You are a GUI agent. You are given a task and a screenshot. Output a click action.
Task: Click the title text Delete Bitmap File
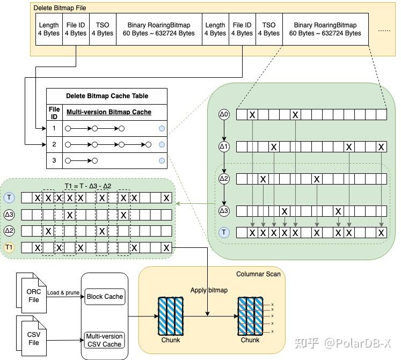pyautogui.click(x=60, y=8)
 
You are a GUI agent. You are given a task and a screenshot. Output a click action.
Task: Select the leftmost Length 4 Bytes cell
pyautogui.click(x=49, y=29)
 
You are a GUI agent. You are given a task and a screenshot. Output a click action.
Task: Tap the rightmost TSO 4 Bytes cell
pyautogui.click(x=269, y=29)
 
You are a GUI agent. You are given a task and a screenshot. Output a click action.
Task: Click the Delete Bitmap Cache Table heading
pyautogui.click(x=107, y=96)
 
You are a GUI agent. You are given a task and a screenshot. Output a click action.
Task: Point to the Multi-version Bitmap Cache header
pyautogui.click(x=108, y=112)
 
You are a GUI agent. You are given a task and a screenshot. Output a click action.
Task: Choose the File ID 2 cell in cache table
pyautogui.click(x=54, y=144)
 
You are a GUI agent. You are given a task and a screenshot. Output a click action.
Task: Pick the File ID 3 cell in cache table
pyautogui.click(x=54, y=160)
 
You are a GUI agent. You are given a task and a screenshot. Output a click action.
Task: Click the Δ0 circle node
pyautogui.click(x=224, y=114)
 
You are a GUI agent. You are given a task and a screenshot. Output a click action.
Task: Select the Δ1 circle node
pyautogui.click(x=224, y=146)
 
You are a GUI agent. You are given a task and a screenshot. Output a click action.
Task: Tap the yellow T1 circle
pyautogui.click(x=9, y=247)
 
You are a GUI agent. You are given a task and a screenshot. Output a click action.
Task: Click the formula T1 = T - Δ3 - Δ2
pyautogui.click(x=88, y=186)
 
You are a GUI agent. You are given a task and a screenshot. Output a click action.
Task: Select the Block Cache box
pyautogui.click(x=105, y=296)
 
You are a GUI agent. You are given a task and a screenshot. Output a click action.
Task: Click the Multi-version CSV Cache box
pyautogui.click(x=105, y=340)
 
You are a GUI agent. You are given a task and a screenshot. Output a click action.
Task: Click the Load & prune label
pyautogui.click(x=64, y=292)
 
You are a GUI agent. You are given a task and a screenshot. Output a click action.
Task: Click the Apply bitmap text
pyautogui.click(x=209, y=290)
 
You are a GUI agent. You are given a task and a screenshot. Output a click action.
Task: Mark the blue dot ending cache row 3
pyautogui.click(x=162, y=160)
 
